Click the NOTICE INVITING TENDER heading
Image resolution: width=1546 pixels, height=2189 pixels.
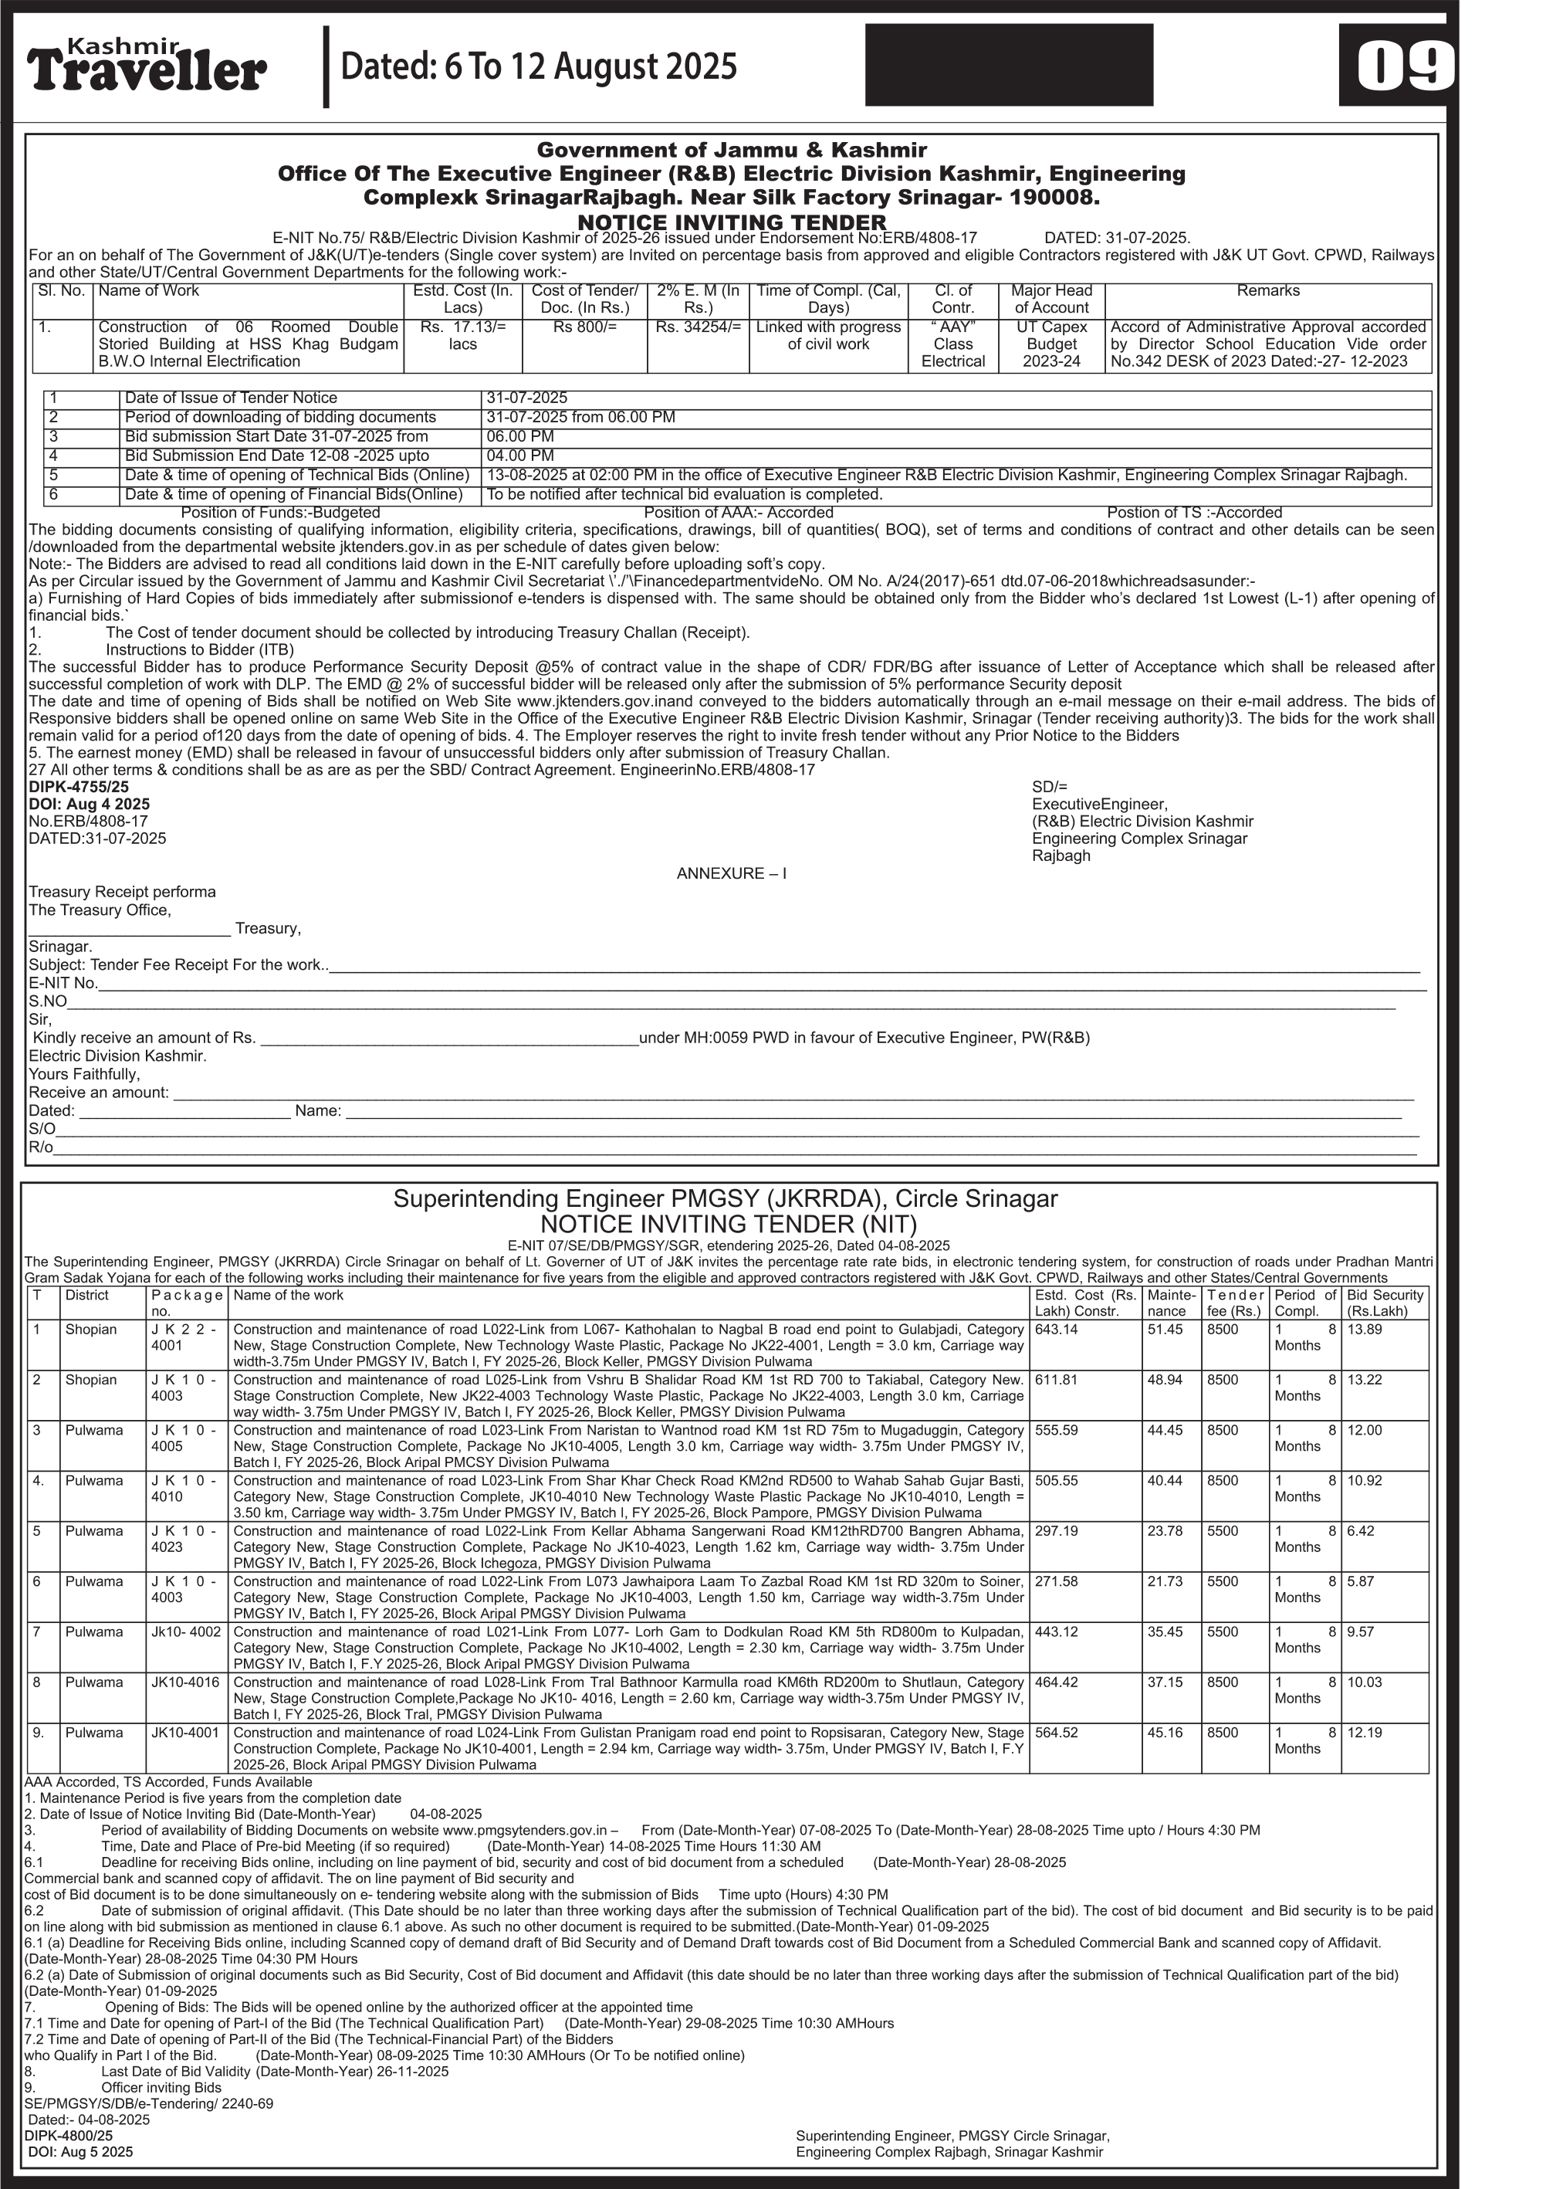click(731, 223)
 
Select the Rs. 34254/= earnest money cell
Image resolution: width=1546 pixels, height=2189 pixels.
click(698, 327)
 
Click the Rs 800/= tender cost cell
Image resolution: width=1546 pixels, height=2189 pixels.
click(584, 327)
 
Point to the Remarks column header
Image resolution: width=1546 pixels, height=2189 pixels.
click(1267, 291)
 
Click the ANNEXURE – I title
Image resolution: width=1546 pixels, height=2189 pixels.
click(731, 873)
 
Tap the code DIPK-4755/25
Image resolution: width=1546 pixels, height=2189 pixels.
click(78, 788)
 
